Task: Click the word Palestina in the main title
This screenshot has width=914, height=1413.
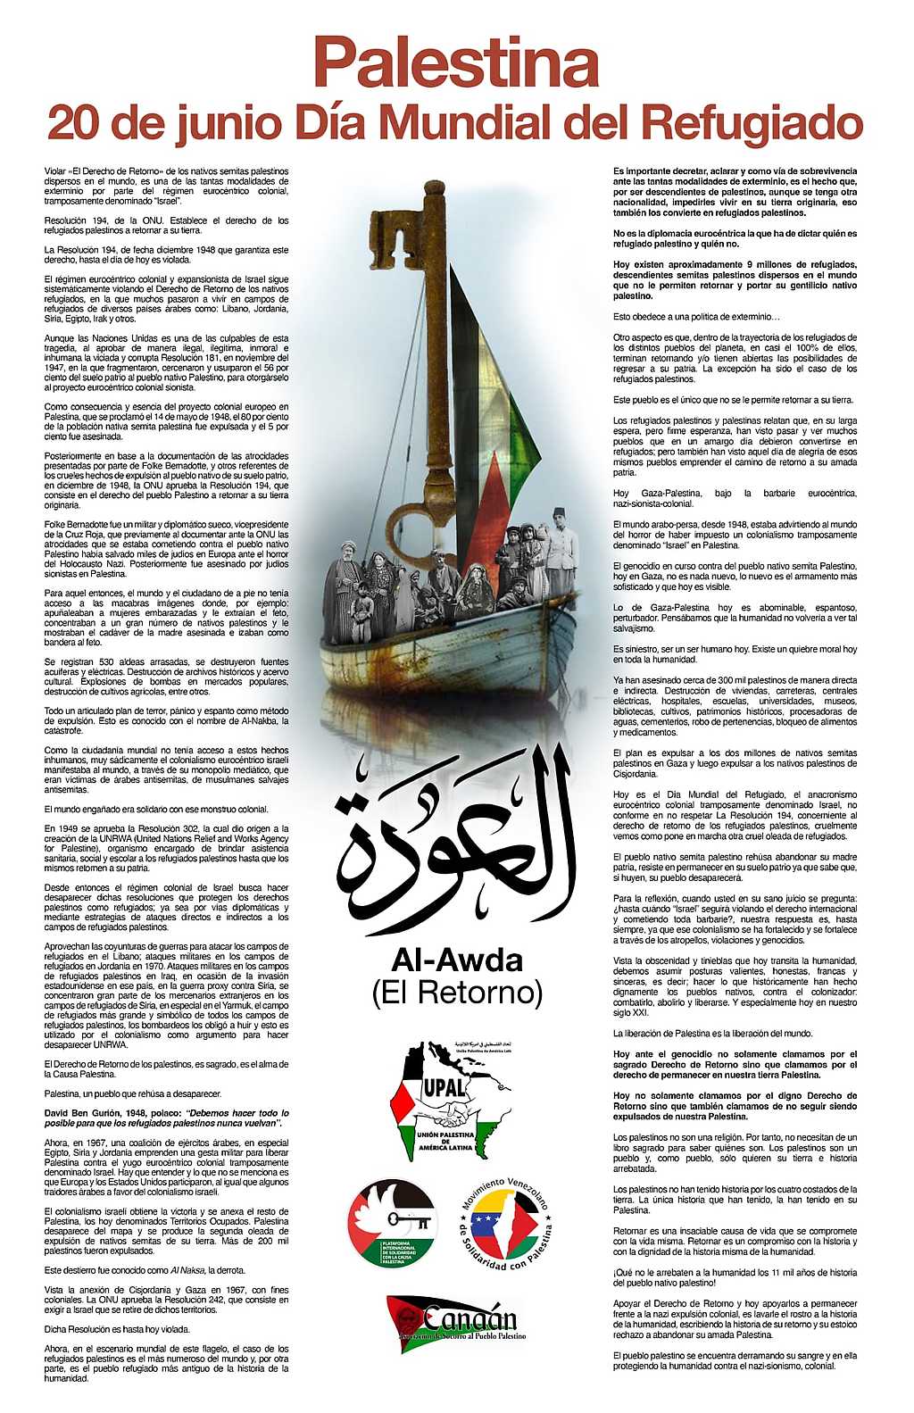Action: pyautogui.click(x=456, y=62)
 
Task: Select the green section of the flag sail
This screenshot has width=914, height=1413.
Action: pyautogui.click(x=523, y=428)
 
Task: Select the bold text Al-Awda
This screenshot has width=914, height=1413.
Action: pyautogui.click(x=456, y=960)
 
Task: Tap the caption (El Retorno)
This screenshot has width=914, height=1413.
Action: pyautogui.click(x=457, y=992)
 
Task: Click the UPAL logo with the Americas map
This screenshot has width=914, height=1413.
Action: pyautogui.click(x=451, y=1100)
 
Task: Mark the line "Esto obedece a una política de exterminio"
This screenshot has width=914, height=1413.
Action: pyautogui.click(x=696, y=317)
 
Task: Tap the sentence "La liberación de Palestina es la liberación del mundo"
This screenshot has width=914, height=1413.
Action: pyautogui.click(x=712, y=1033)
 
